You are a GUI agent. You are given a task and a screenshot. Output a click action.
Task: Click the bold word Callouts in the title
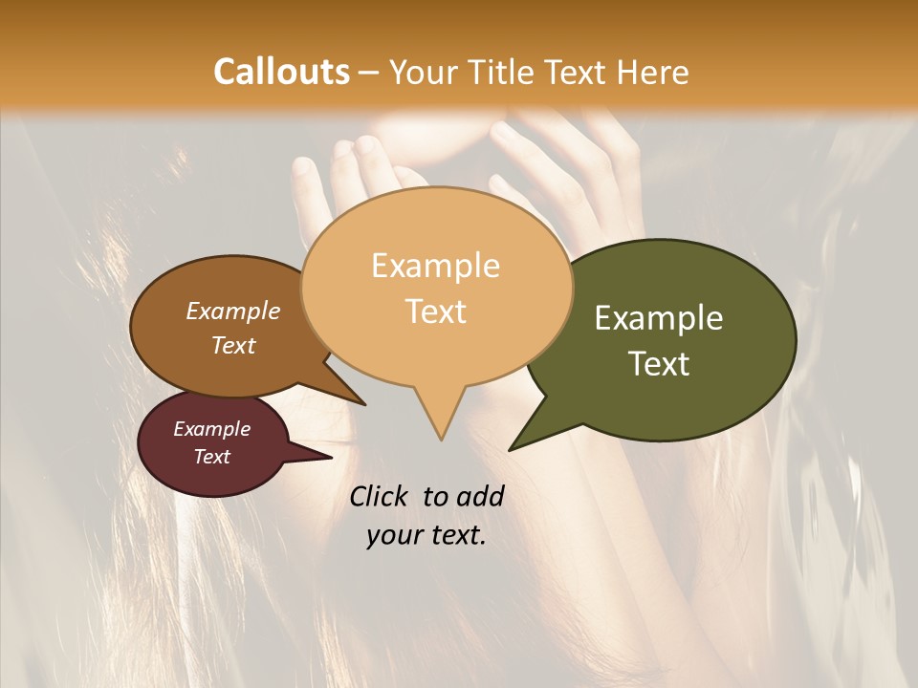[281, 72]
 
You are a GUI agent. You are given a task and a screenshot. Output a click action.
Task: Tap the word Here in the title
[652, 72]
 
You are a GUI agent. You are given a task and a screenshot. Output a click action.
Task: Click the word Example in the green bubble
[659, 318]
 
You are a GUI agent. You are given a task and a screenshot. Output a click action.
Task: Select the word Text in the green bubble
[660, 363]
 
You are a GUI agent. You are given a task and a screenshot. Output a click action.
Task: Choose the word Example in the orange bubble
[435, 266]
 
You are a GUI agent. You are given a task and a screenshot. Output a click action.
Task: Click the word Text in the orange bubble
[436, 311]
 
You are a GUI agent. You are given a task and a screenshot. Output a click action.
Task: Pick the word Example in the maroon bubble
[211, 429]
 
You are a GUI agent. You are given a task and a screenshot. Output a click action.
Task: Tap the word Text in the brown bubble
[233, 345]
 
